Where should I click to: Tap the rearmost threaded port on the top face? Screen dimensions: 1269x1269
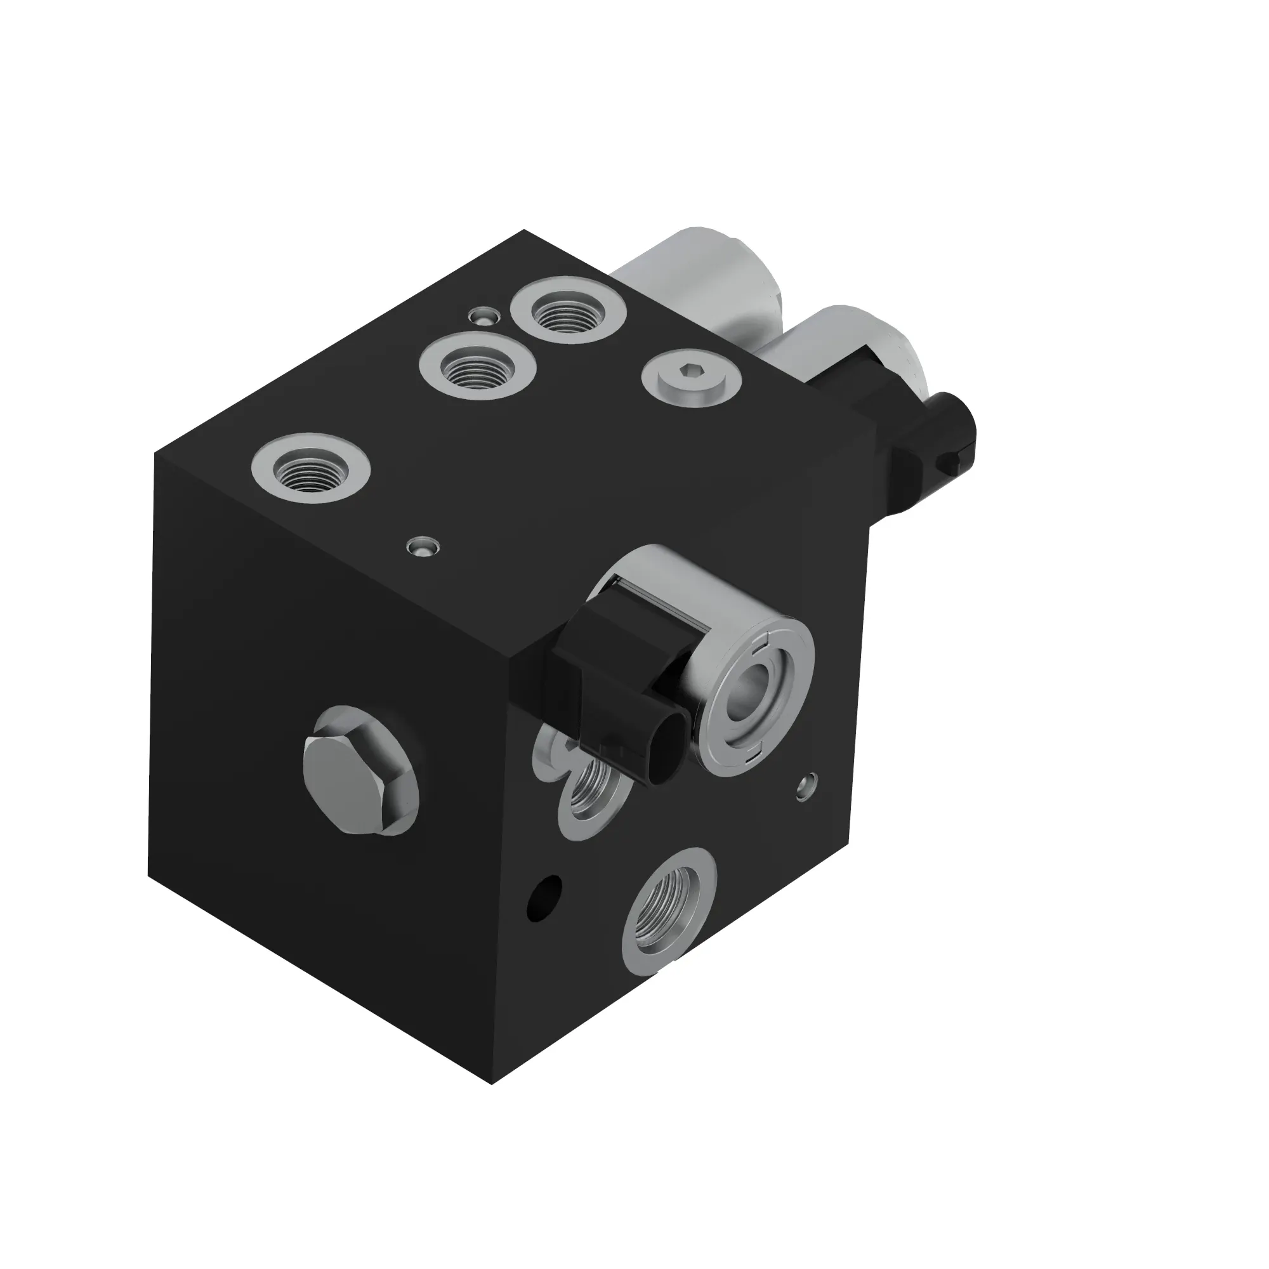[567, 310]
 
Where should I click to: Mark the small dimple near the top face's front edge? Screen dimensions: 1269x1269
[423, 546]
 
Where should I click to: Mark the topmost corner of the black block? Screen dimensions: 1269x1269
[523, 230]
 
